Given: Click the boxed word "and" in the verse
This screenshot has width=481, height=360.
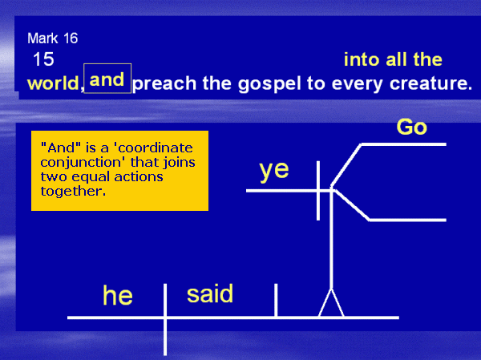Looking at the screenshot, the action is (x=107, y=79).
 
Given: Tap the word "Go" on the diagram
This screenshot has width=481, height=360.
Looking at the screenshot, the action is (x=412, y=127).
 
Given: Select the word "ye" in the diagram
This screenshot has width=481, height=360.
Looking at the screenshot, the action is (x=274, y=171).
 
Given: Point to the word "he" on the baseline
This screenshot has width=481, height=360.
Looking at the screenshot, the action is (x=118, y=295).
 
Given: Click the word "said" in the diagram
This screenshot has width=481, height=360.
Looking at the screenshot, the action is (x=210, y=293).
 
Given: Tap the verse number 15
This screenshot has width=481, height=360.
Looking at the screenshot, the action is (x=43, y=59).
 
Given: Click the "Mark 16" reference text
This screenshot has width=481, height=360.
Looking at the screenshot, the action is (x=52, y=38).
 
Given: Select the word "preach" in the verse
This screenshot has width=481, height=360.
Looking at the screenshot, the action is (x=164, y=83).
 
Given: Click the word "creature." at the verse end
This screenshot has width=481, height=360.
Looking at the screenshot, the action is (x=430, y=83).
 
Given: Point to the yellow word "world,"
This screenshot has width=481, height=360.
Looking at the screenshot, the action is (x=55, y=83).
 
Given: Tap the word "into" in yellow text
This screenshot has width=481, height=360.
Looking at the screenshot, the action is (x=362, y=59).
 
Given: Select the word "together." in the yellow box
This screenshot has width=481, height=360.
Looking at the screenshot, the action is (x=73, y=191).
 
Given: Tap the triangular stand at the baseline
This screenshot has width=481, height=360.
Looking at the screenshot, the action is (x=331, y=303).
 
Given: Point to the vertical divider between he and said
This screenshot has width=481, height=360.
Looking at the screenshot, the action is (x=165, y=319).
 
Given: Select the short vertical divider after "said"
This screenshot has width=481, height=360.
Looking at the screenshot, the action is (x=276, y=300).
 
